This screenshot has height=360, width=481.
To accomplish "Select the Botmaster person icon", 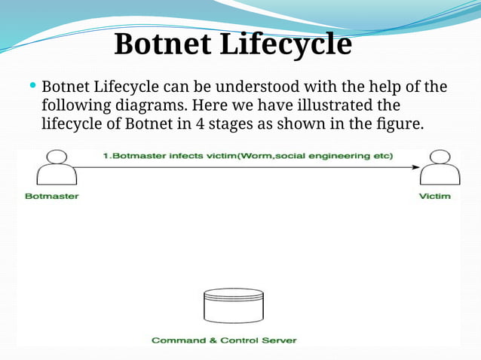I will [57, 168].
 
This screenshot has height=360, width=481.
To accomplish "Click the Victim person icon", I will [440, 168].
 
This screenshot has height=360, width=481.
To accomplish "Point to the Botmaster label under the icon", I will [51, 197].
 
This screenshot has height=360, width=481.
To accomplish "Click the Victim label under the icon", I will [434, 197].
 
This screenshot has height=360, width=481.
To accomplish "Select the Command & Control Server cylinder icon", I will [234, 306].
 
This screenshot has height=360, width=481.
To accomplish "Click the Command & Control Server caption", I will [224, 340].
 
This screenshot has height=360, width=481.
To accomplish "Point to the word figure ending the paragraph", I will [403, 123].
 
